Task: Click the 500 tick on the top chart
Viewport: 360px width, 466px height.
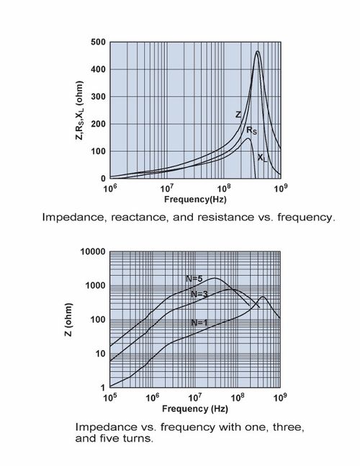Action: [x=98, y=42]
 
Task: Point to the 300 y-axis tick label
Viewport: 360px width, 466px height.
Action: [x=98, y=97]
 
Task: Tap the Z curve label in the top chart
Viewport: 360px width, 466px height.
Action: [x=238, y=115]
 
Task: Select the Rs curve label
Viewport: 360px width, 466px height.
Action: [x=251, y=130]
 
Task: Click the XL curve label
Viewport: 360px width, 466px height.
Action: [x=262, y=158]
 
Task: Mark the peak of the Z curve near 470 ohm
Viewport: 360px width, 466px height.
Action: [x=257, y=51]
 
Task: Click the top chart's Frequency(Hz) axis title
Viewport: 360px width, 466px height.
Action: [x=195, y=199]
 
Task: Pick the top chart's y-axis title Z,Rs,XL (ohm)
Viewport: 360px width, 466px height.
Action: [x=79, y=110]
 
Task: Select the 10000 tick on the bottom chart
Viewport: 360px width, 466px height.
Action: [x=93, y=252]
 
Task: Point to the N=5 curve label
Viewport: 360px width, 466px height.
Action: [x=194, y=279]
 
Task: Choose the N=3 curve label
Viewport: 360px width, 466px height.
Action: [x=199, y=295]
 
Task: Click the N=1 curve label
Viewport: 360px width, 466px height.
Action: [x=199, y=323]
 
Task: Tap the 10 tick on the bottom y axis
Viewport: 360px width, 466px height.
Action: [x=100, y=354]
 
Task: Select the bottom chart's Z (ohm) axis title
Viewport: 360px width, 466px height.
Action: [x=68, y=320]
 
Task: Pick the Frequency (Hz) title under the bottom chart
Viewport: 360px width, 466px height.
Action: [x=195, y=409]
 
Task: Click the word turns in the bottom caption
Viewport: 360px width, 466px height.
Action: [x=139, y=439]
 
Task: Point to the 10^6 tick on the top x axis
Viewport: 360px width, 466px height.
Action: [x=110, y=188]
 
